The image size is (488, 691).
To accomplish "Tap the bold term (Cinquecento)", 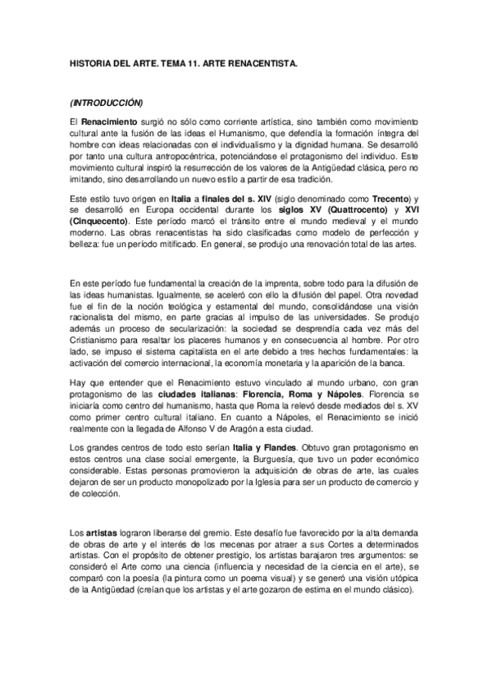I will coord(99,222).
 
